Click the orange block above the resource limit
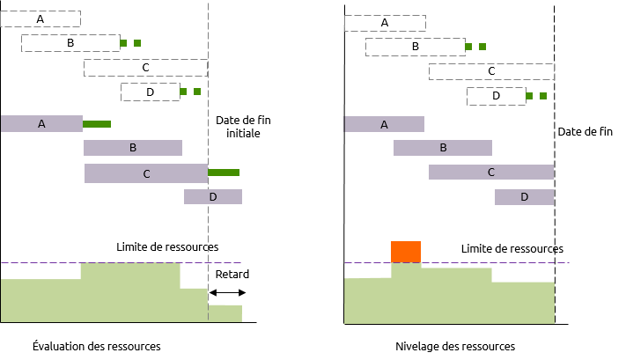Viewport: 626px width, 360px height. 406,252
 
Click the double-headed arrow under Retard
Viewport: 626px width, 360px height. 227,292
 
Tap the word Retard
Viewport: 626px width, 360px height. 232,275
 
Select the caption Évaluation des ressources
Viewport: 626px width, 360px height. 97,346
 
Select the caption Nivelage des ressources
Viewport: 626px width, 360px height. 455,346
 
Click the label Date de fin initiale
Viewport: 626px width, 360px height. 243,127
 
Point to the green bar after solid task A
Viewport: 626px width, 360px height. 97,124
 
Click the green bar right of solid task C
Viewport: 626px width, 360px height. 224,173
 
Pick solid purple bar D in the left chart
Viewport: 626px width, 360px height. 213,197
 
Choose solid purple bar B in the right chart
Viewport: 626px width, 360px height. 443,148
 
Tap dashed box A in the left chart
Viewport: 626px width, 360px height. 41,18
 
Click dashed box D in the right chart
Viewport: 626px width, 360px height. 497,96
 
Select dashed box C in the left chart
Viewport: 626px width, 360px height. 146,68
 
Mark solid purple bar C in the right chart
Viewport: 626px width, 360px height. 491,172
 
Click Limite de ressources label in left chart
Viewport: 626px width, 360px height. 167,247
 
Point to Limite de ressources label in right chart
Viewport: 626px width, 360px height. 512,248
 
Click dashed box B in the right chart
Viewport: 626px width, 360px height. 416,47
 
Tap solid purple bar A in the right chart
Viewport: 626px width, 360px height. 384,124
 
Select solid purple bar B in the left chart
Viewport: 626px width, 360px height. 133,148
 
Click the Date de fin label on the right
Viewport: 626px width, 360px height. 585,132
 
